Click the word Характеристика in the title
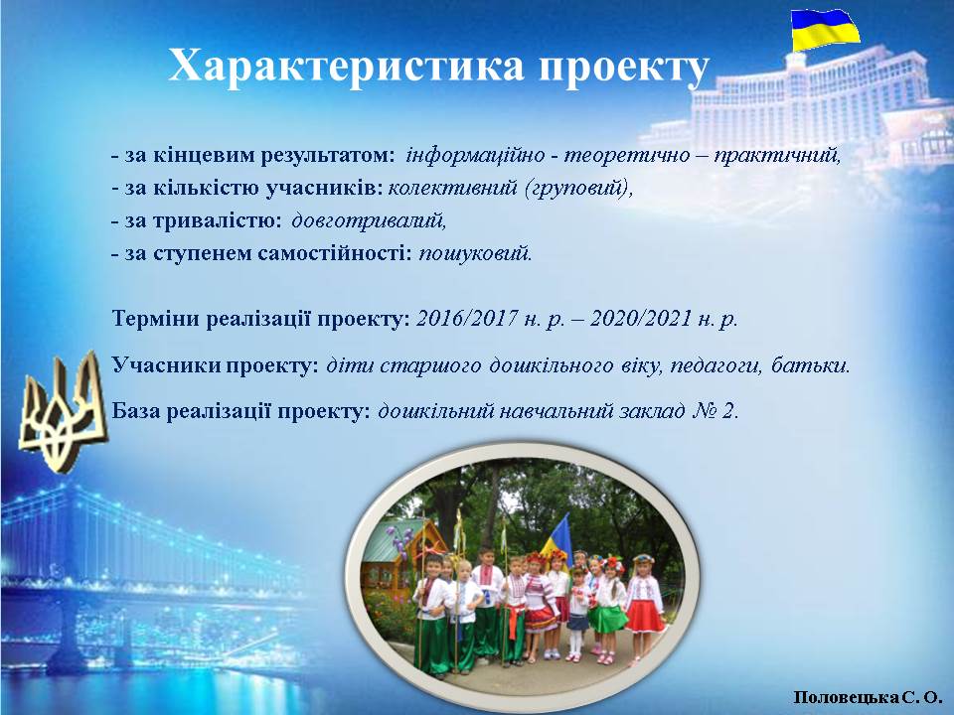tap(346, 66)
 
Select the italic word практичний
tap(777, 156)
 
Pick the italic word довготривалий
tap(369, 220)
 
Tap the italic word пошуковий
tap(475, 253)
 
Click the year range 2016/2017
tap(467, 318)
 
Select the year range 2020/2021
tap(641, 318)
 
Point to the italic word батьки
tap(810, 365)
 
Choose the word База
tap(135, 411)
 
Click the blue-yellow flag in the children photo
tap(558, 535)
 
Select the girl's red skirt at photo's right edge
tap(645, 616)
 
